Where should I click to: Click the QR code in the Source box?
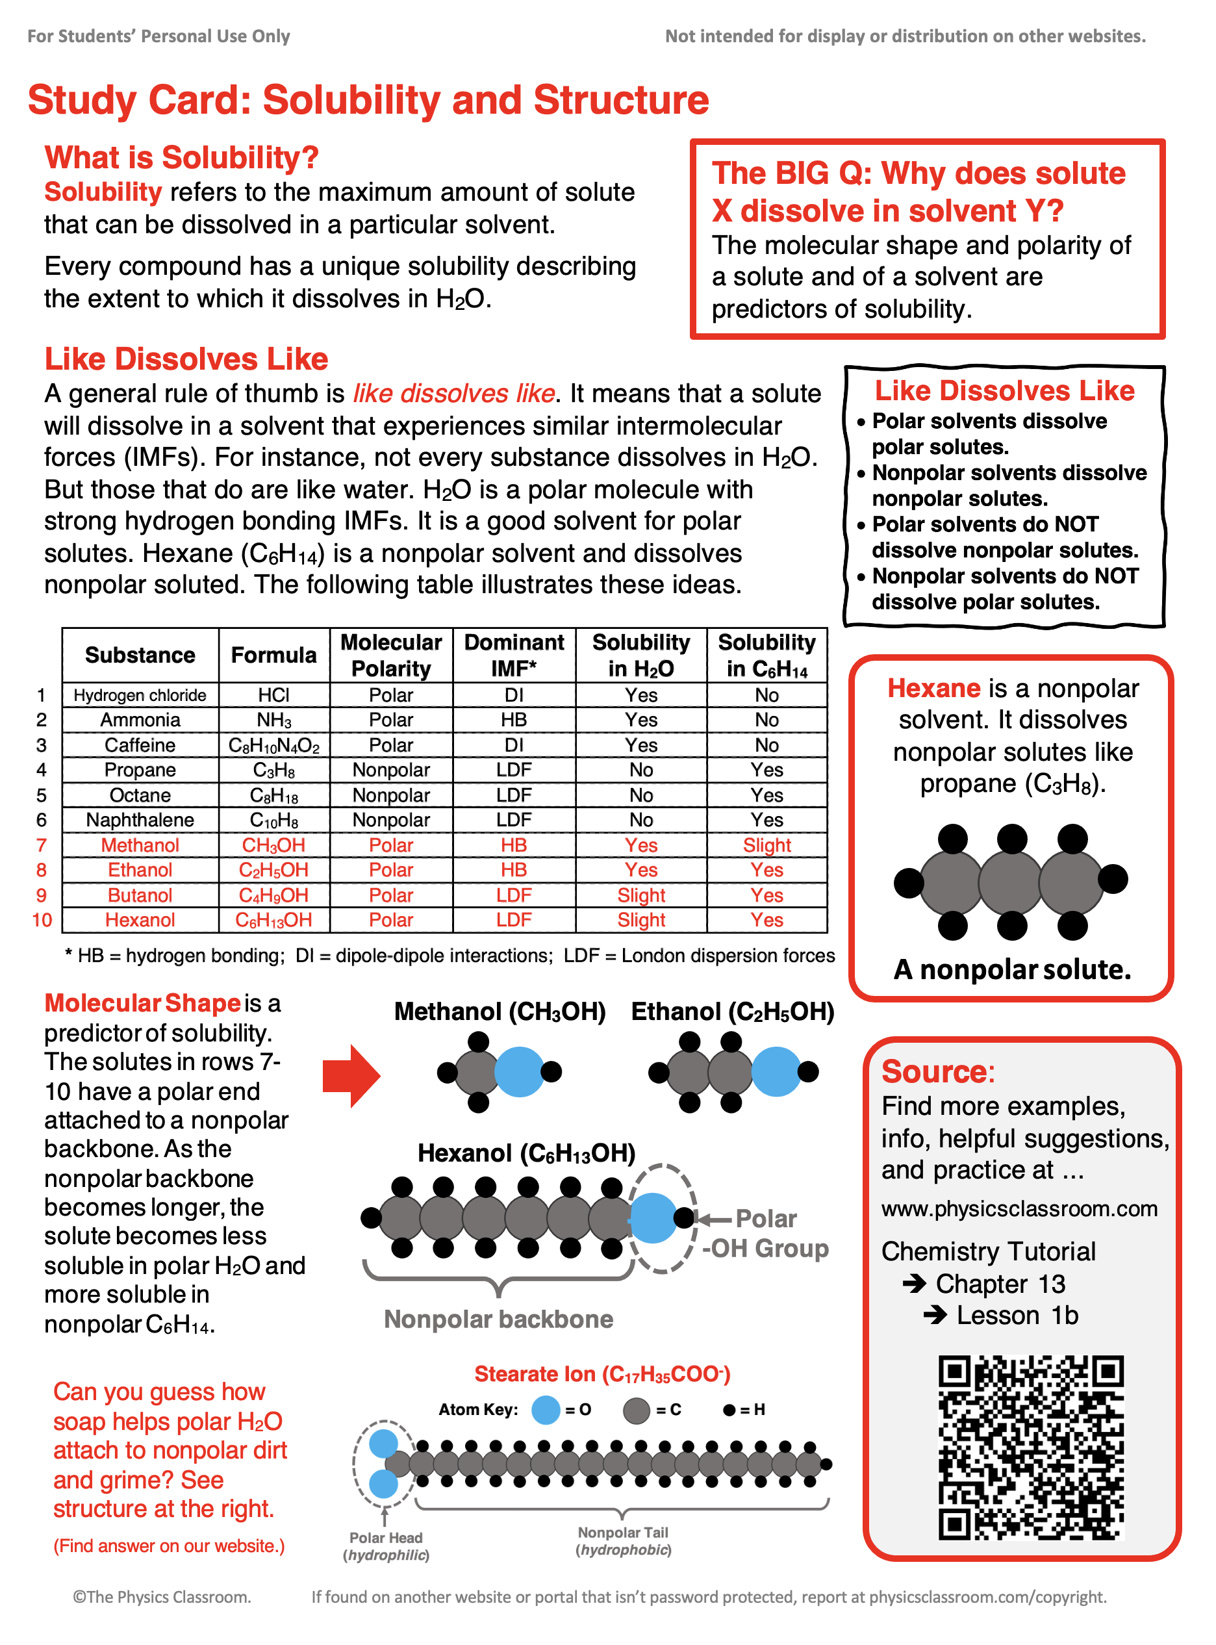coord(1030,1447)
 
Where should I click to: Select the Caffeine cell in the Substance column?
coord(140,745)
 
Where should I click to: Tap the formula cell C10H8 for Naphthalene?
coord(274,820)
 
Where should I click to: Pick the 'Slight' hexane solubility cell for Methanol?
coord(766,845)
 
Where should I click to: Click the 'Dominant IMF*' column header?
coord(514,655)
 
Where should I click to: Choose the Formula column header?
coord(274,655)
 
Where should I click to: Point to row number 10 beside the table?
coord(42,920)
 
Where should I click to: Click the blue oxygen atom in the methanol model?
coord(519,1071)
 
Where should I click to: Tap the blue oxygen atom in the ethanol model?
coord(776,1071)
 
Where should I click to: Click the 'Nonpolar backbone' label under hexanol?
coord(498,1319)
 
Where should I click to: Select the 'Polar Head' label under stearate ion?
coord(386,1538)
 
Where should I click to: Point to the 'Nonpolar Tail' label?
coord(623,1533)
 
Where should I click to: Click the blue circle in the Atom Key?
coord(546,1409)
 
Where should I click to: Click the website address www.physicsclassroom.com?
coord(1019,1208)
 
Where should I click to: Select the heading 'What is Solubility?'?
coord(181,157)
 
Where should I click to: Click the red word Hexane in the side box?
coord(933,688)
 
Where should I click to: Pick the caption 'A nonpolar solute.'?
coord(1012,969)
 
